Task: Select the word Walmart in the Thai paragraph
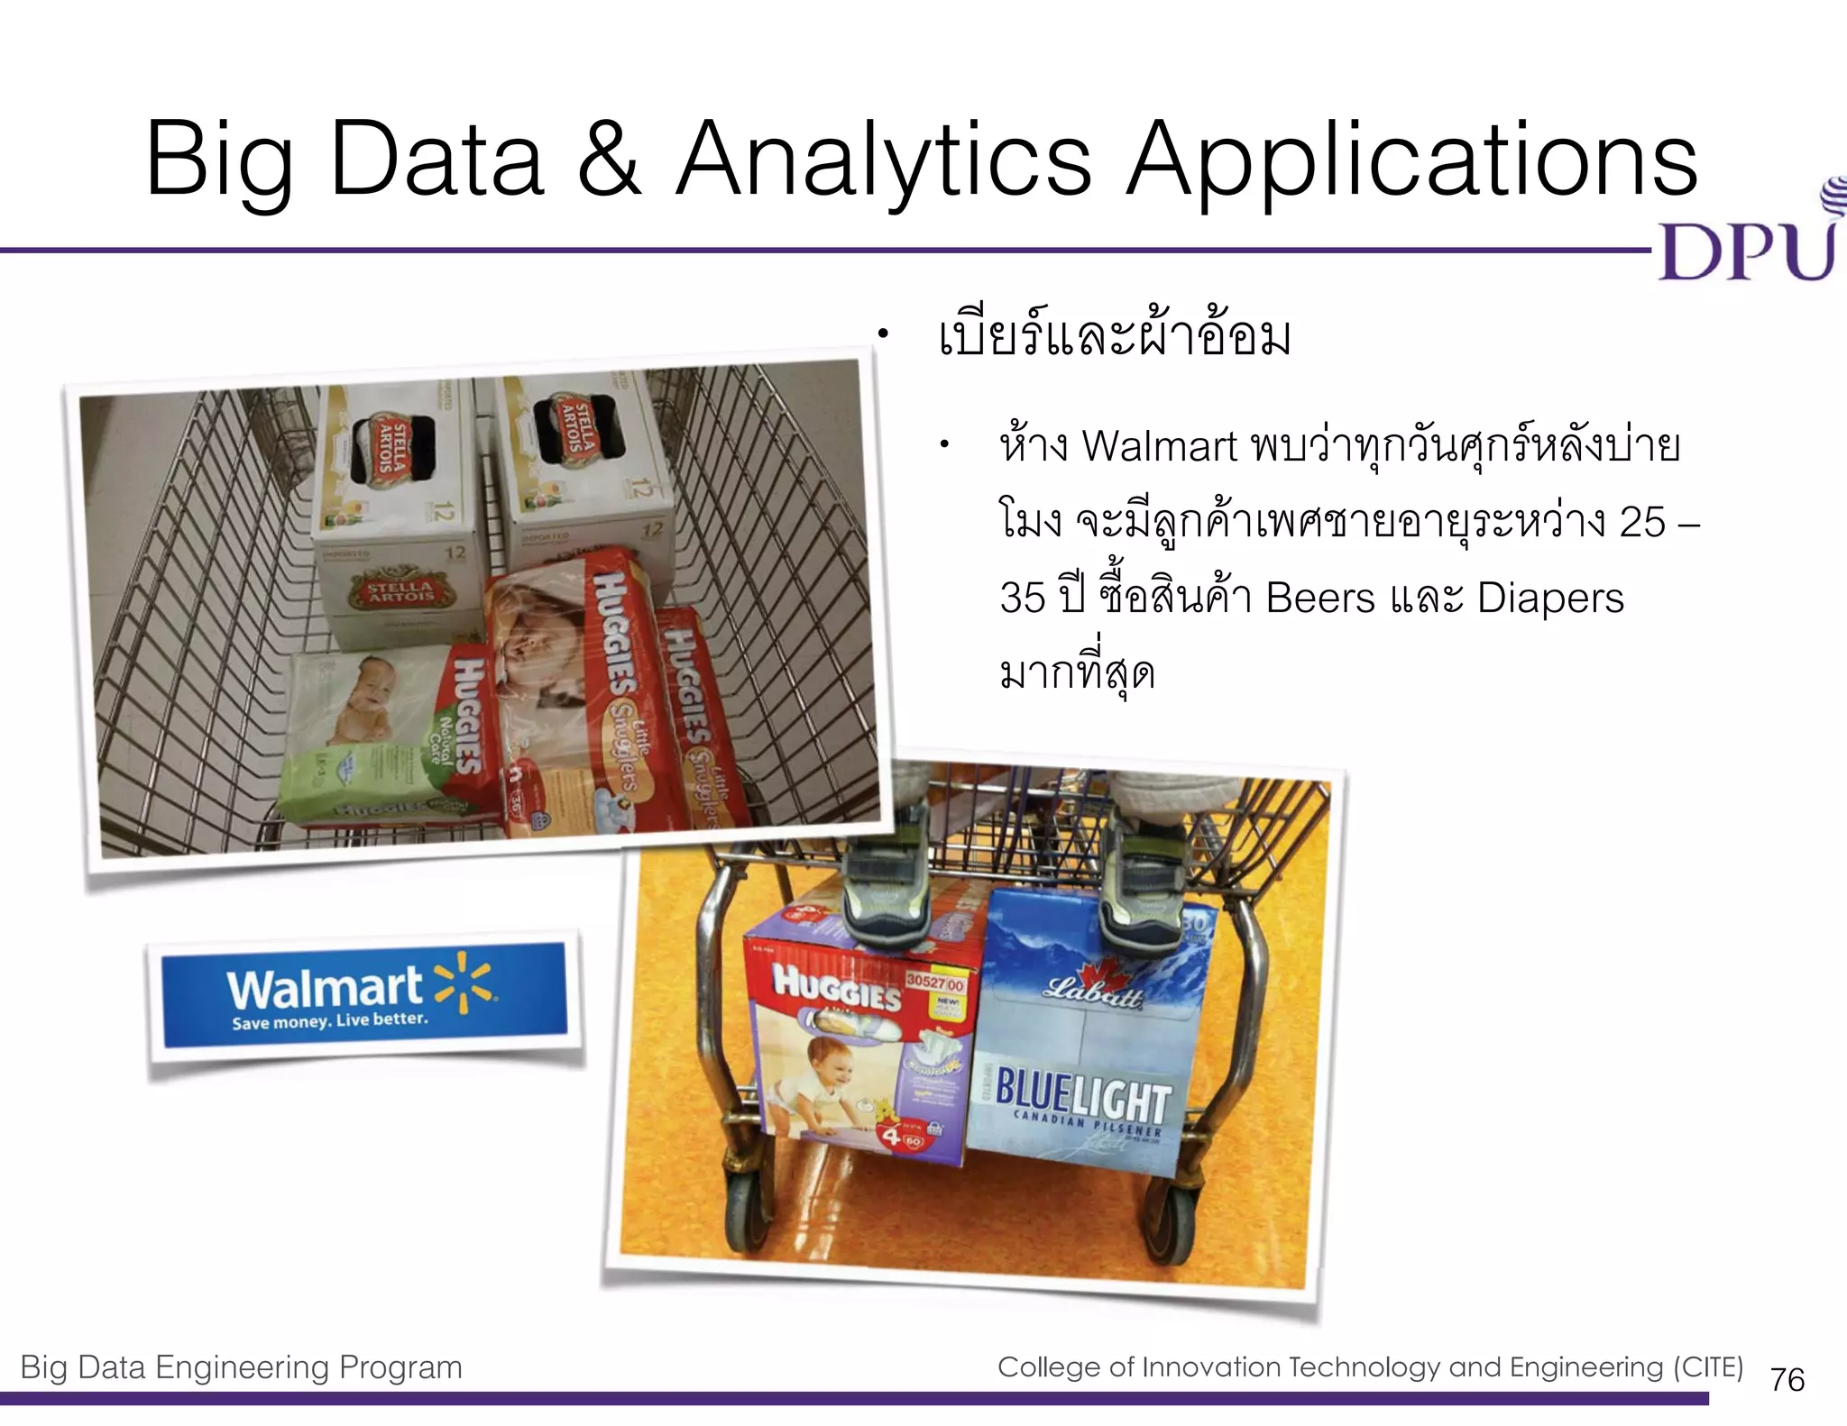tap(1159, 447)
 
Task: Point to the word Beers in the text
tap(1320, 599)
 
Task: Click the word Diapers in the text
tap(1550, 599)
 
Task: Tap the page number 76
tap(1787, 1380)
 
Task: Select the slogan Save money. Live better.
tap(330, 1021)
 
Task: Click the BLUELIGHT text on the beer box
tap(1082, 1098)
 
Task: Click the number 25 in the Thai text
tap(1641, 523)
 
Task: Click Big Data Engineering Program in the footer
tap(241, 1367)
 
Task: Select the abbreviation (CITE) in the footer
tap(1708, 1367)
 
